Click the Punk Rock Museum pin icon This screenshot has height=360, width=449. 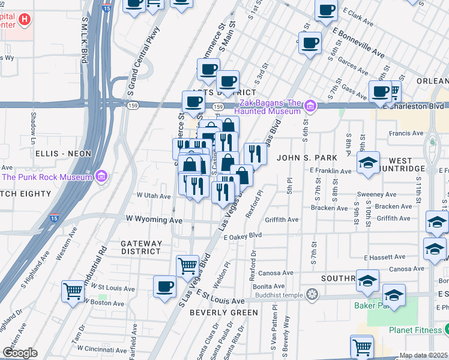pyautogui.click(x=101, y=176)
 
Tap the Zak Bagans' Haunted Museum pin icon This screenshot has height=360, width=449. pyautogui.click(x=310, y=107)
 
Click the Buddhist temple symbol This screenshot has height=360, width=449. pyautogui.click(x=311, y=294)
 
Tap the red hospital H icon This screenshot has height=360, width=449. pyautogui.click(x=24, y=19)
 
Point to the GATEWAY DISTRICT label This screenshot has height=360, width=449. pyautogui.click(x=141, y=247)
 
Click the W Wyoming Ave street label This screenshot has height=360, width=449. pyautogui.click(x=154, y=220)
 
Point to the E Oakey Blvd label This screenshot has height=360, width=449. pyautogui.click(x=243, y=236)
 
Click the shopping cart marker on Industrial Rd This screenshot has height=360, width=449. pyautogui.click(x=73, y=292)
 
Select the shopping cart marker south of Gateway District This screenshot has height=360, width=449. pyautogui.click(x=187, y=266)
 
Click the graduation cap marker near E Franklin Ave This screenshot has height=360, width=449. pyautogui.click(x=368, y=162)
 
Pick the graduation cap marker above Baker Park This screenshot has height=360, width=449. pyautogui.click(x=394, y=295)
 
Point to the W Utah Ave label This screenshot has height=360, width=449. pyautogui.click(x=154, y=196)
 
